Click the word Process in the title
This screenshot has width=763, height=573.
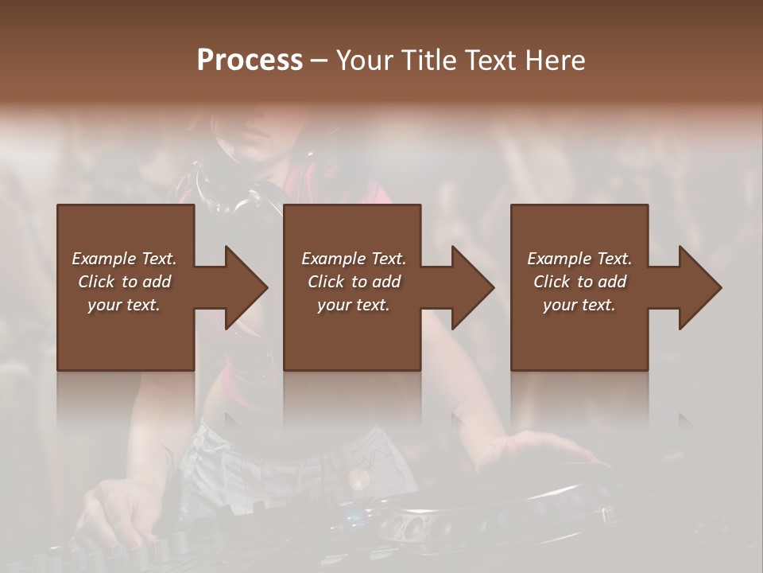(x=250, y=60)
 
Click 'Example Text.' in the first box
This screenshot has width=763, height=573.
(x=124, y=259)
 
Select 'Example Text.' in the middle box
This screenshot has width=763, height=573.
(x=353, y=259)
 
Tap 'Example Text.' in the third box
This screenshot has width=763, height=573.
(x=579, y=259)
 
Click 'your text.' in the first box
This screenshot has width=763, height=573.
(x=124, y=305)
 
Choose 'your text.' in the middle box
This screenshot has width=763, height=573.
(x=353, y=305)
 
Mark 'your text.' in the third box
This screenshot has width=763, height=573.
(x=579, y=305)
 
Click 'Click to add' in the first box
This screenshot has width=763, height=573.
(x=124, y=282)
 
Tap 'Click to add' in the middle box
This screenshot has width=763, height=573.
(x=353, y=282)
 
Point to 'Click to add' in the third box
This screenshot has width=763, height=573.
(x=579, y=282)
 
